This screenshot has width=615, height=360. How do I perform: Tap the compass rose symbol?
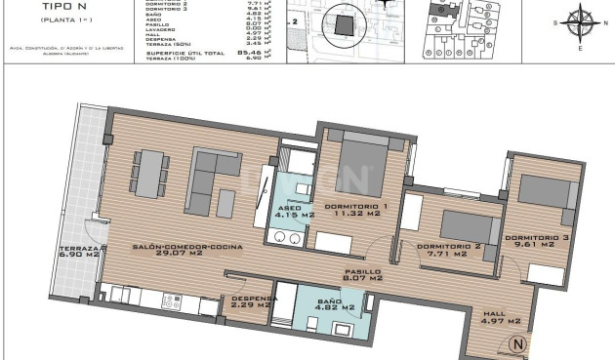click(x=583, y=20)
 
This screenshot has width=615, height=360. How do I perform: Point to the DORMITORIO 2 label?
click(x=448, y=246)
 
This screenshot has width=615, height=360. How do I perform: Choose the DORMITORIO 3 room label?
click(x=538, y=238)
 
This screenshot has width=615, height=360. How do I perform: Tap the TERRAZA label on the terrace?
click(x=79, y=251)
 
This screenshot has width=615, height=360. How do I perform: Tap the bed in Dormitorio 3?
click(x=544, y=189)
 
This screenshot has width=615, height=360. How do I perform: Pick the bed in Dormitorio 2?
click(x=467, y=225)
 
